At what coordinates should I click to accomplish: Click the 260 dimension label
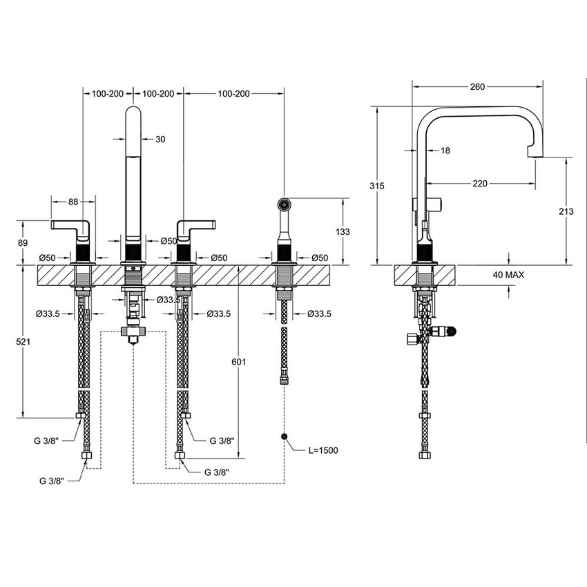(x=477, y=86)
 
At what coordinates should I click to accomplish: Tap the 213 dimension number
(x=566, y=211)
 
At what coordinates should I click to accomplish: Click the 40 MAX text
(x=508, y=274)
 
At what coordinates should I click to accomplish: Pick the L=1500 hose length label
(x=323, y=451)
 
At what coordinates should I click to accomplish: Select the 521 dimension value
(x=24, y=341)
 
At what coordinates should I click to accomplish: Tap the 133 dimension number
(x=342, y=231)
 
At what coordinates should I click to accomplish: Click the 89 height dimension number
(x=24, y=242)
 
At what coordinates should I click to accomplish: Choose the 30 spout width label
(x=160, y=139)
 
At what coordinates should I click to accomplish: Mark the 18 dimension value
(x=444, y=150)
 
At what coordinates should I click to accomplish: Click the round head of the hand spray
(x=284, y=204)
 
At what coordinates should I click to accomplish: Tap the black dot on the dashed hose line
(x=284, y=436)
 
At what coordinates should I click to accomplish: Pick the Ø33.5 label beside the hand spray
(x=318, y=314)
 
